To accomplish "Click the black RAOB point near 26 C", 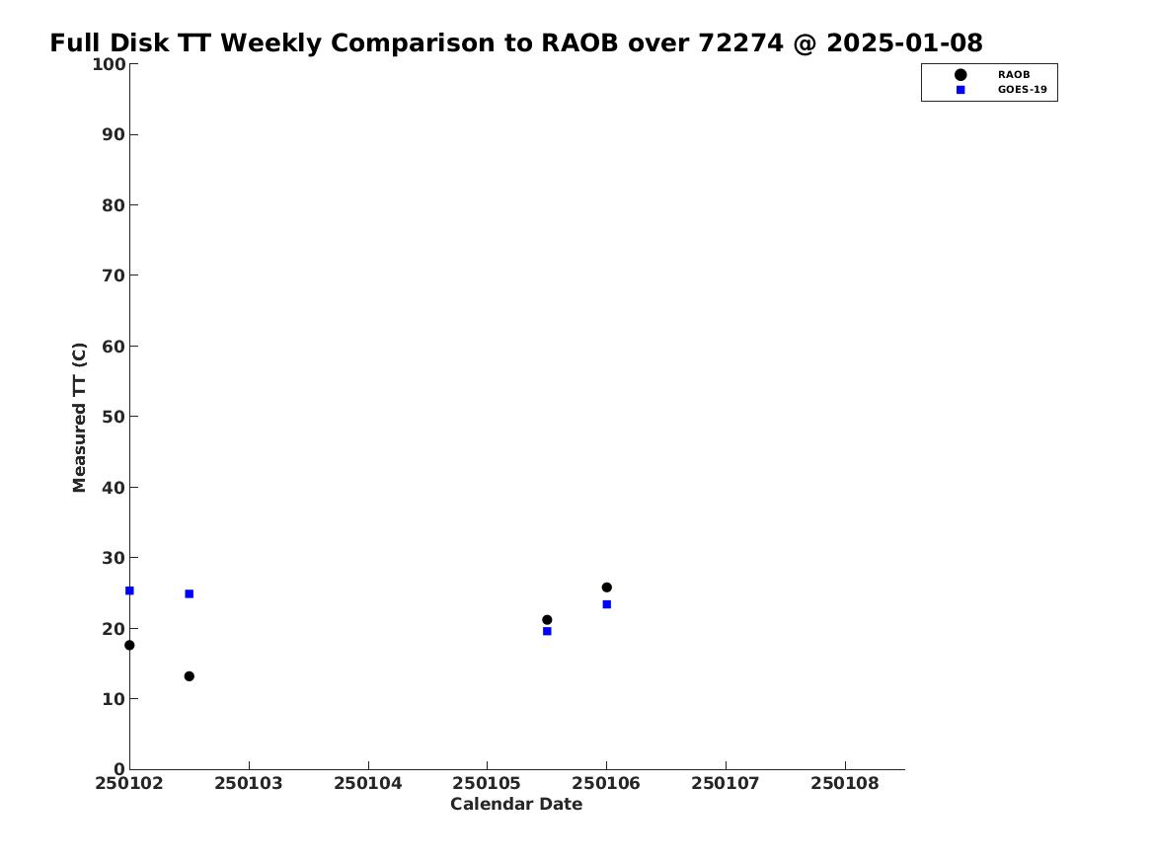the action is coord(606,587).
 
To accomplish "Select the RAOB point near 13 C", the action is coord(189,676).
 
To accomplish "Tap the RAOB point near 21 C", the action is coord(547,619).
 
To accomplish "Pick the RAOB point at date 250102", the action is coord(129,645).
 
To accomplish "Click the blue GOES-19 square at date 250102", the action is coord(129,590).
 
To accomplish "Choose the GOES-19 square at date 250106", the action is coord(606,604).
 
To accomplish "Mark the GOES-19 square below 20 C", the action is coord(547,630).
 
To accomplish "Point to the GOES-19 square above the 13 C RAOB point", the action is coord(189,593).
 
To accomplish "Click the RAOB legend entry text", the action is coord(1013,74).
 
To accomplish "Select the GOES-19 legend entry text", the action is coord(1022,90).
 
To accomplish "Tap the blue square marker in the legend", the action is coord(960,90).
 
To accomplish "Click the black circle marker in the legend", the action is coord(960,74).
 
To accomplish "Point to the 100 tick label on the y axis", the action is coord(109,64).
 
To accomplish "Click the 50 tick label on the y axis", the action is coord(114,417).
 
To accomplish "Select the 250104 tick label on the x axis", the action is coord(368,783).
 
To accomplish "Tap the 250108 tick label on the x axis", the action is coord(845,783).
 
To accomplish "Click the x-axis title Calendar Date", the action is coord(516,804).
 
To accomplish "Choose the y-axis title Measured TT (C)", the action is coord(79,417).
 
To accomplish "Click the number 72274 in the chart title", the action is coord(740,43).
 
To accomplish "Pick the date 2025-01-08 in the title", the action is coord(904,43).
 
